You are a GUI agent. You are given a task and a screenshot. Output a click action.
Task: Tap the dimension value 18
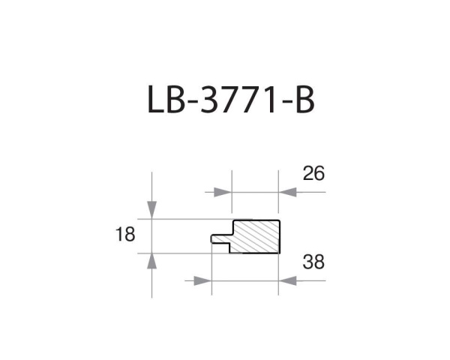click(x=125, y=235)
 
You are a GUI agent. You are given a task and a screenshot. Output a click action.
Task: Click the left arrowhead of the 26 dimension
click(x=222, y=192)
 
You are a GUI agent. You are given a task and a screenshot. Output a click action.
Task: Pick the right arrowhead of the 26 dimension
click(x=289, y=192)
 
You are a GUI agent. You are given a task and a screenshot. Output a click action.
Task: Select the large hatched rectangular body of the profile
click(x=256, y=236)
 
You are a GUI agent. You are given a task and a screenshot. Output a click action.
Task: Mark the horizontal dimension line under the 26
click(x=255, y=192)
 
